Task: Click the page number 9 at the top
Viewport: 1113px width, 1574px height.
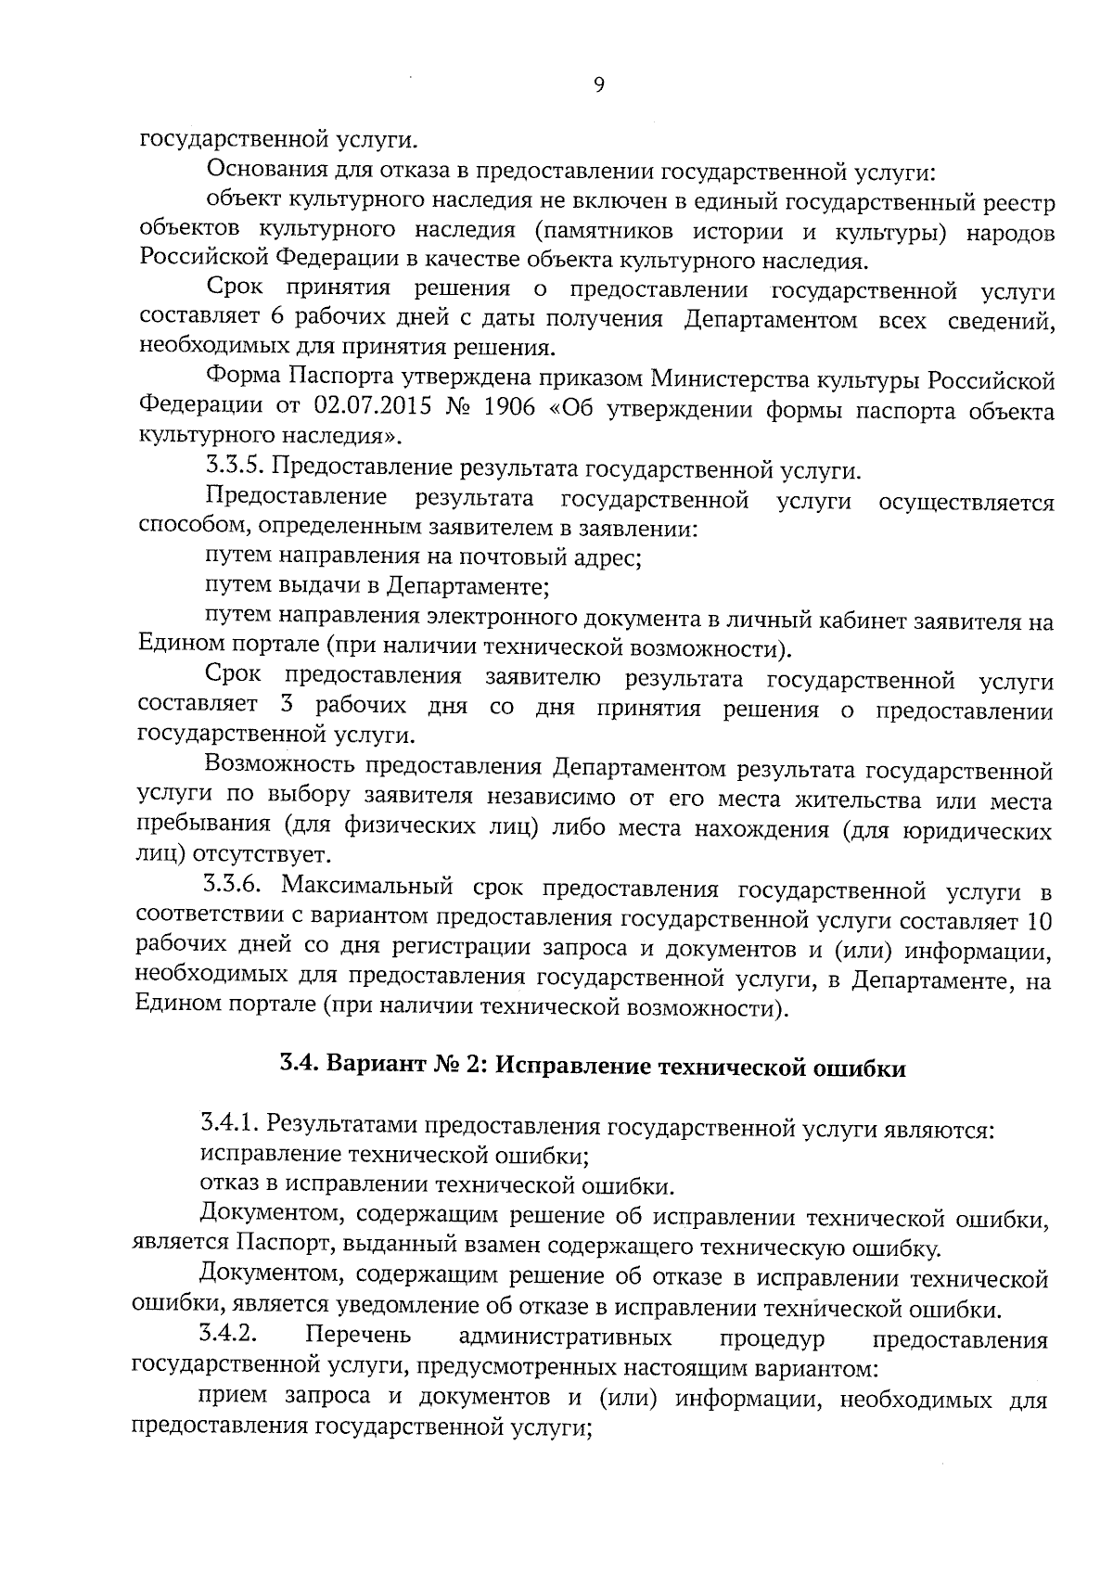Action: coord(598,85)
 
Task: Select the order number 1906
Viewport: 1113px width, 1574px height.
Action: coord(509,408)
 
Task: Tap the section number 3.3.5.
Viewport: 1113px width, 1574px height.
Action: coord(233,470)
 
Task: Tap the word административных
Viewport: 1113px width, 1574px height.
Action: coord(566,1338)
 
